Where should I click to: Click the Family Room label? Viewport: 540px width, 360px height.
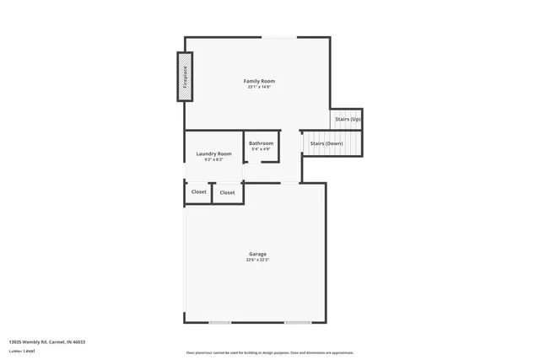tap(259, 81)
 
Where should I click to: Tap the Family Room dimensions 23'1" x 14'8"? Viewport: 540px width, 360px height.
tap(259, 87)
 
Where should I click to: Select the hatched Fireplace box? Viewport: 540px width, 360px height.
tap(185, 77)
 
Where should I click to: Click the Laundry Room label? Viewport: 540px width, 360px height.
tap(213, 153)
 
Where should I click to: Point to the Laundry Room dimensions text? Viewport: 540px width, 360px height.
tap(213, 159)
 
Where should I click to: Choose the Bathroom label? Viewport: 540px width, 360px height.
tap(261, 143)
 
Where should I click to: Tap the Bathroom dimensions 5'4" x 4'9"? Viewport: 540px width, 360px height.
tap(261, 149)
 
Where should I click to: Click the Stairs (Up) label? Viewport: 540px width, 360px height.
tap(348, 120)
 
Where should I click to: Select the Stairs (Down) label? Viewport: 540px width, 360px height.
tap(326, 143)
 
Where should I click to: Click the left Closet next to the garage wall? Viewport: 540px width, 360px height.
tap(198, 192)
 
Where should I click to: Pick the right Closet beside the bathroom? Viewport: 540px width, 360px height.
tap(228, 193)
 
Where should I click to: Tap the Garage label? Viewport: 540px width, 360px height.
tap(257, 254)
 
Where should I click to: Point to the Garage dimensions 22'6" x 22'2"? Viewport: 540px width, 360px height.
tap(257, 260)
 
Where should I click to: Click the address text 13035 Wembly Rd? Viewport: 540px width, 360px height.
tap(47, 341)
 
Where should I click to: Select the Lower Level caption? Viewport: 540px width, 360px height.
tap(22, 350)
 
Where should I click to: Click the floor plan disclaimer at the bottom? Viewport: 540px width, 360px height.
tap(270, 352)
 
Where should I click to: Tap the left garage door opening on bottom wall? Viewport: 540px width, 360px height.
tap(220, 322)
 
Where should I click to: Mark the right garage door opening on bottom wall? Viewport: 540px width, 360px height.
tap(297, 322)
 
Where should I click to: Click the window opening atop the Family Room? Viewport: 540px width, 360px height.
tap(278, 37)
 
